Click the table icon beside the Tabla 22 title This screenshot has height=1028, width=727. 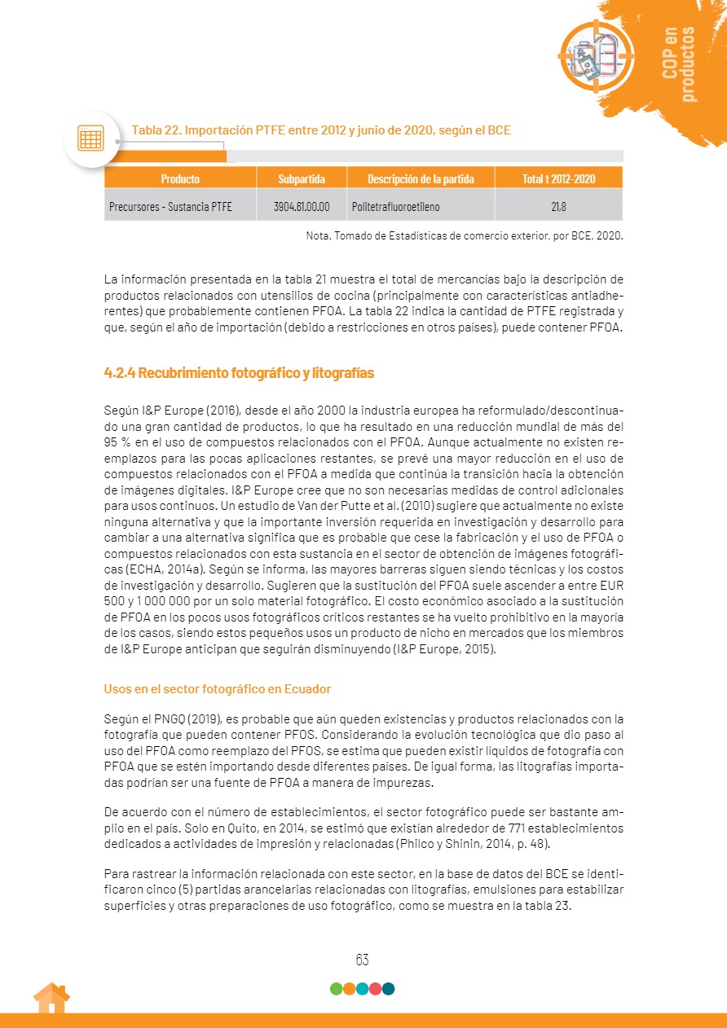point(90,138)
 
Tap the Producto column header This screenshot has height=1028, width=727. point(180,178)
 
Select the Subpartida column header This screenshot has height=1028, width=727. point(302,178)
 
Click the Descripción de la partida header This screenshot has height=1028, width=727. point(420,178)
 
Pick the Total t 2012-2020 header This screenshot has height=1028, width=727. point(558,178)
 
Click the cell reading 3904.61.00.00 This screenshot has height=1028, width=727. point(302,206)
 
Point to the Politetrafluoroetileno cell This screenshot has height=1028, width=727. point(395,207)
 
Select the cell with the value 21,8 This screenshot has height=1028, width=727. point(558,206)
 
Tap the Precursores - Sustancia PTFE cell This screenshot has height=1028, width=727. point(170,207)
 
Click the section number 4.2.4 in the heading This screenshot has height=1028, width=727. point(119,373)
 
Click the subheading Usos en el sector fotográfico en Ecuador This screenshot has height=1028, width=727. point(217,688)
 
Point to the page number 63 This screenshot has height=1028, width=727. point(363,960)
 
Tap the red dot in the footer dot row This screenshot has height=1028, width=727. point(375,989)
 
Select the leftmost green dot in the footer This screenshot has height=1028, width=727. point(336,989)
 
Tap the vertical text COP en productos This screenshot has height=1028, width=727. point(679,64)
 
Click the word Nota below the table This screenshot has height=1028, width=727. point(318,236)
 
